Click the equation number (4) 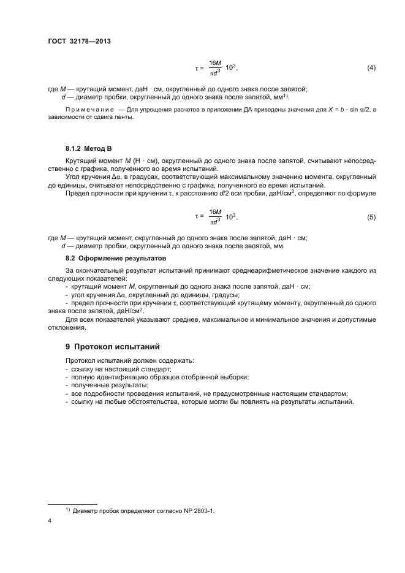[x=371, y=67]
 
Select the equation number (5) [x=371, y=217]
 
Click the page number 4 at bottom [x=50, y=521]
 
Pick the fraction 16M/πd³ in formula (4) [x=215, y=67]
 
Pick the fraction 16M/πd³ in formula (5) [x=215, y=217]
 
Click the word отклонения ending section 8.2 [x=67, y=327]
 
